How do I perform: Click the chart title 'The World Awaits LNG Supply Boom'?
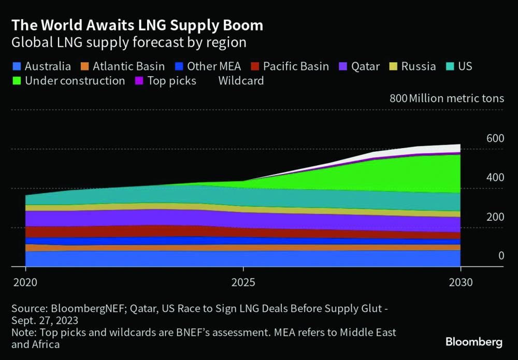pyautogui.click(x=137, y=25)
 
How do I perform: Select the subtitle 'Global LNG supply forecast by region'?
pyautogui.click(x=129, y=42)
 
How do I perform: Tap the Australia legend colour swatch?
pyautogui.click(x=17, y=66)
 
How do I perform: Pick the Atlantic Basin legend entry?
pyautogui.click(x=122, y=66)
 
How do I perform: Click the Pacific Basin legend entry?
pyautogui.click(x=290, y=66)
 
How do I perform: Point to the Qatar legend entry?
pyautogui.click(x=359, y=66)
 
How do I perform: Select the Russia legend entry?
pyautogui.click(x=413, y=66)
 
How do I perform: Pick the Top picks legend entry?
pyautogui.click(x=166, y=81)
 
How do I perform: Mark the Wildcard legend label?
pyautogui.click(x=241, y=81)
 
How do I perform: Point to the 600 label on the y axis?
pyautogui.click(x=495, y=138)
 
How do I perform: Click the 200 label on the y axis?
pyautogui.click(x=495, y=217)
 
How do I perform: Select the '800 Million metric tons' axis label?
pyautogui.click(x=447, y=98)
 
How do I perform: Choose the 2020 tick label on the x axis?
pyautogui.click(x=25, y=283)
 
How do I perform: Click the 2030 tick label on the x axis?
pyautogui.click(x=460, y=283)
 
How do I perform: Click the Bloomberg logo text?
pyautogui.click(x=474, y=342)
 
